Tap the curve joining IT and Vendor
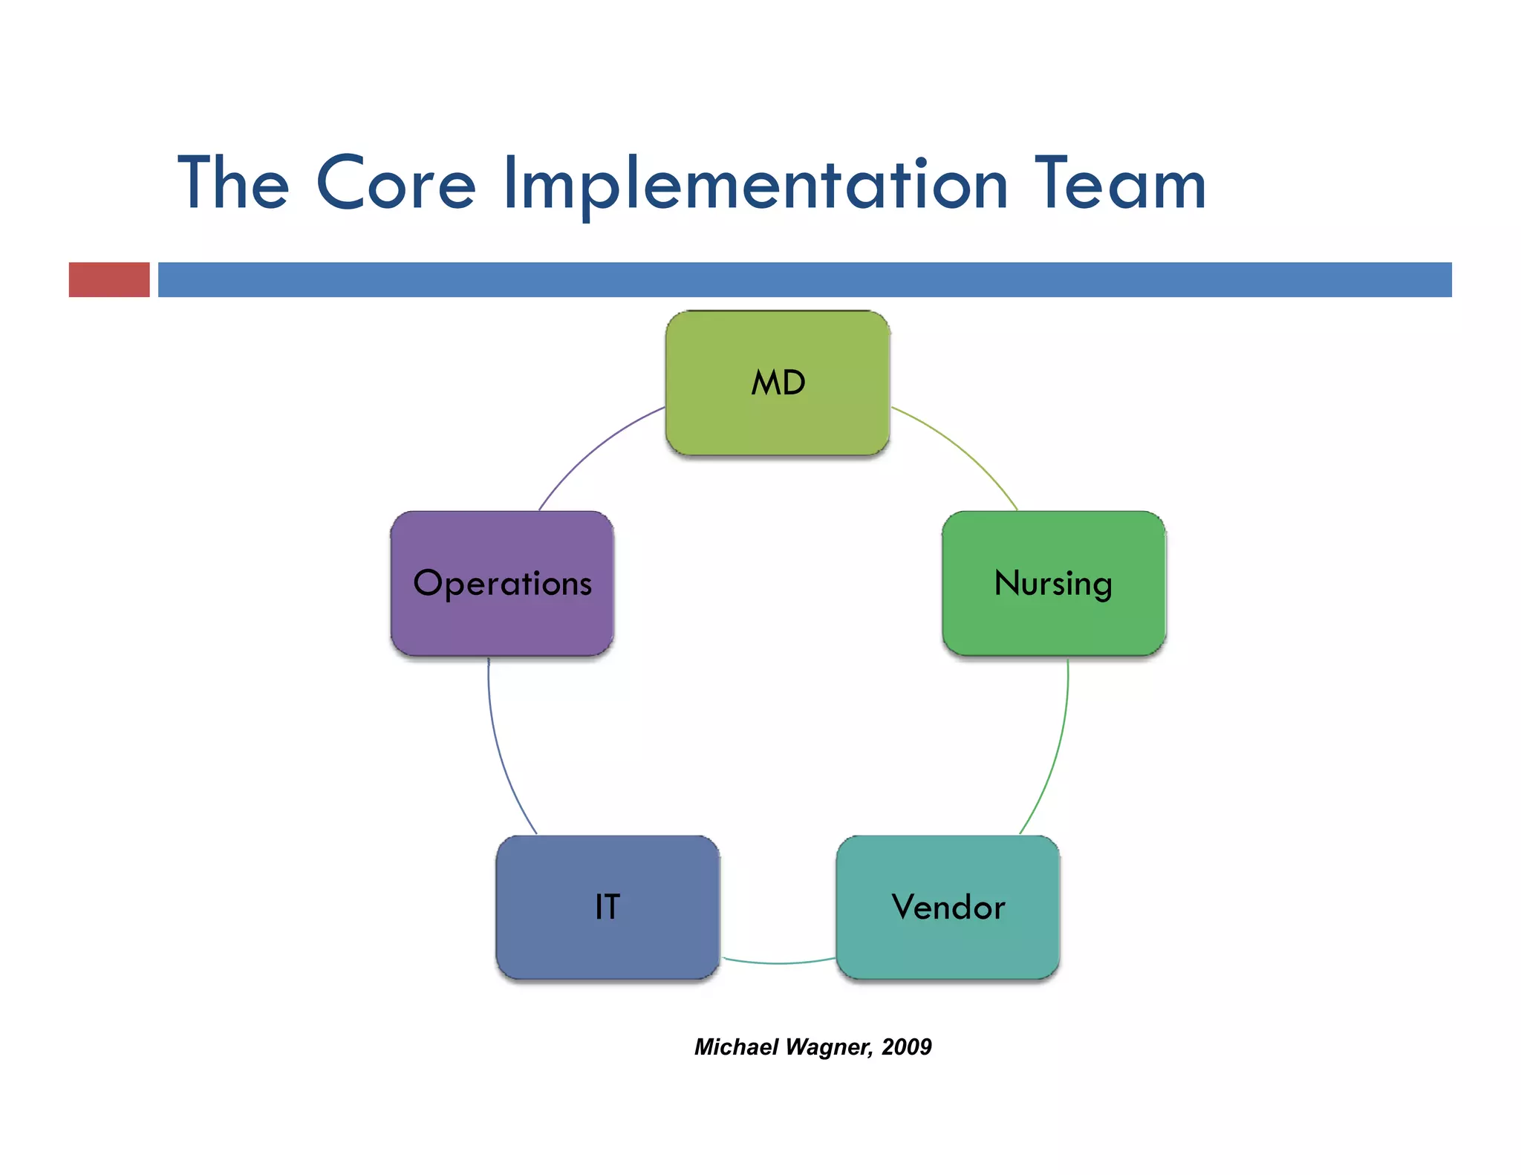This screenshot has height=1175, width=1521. pyautogui.click(x=778, y=963)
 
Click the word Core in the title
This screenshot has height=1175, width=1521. pyautogui.click(x=395, y=184)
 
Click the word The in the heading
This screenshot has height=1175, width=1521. pyautogui.click(x=233, y=184)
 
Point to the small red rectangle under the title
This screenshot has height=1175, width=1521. pyautogui.click(x=109, y=279)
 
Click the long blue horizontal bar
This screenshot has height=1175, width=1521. pyautogui.click(x=804, y=279)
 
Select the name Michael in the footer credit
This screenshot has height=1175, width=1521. pyautogui.click(x=736, y=1047)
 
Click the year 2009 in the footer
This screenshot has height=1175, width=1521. pyautogui.click(x=907, y=1047)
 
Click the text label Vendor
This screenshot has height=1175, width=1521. pyautogui.click(x=948, y=907)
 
